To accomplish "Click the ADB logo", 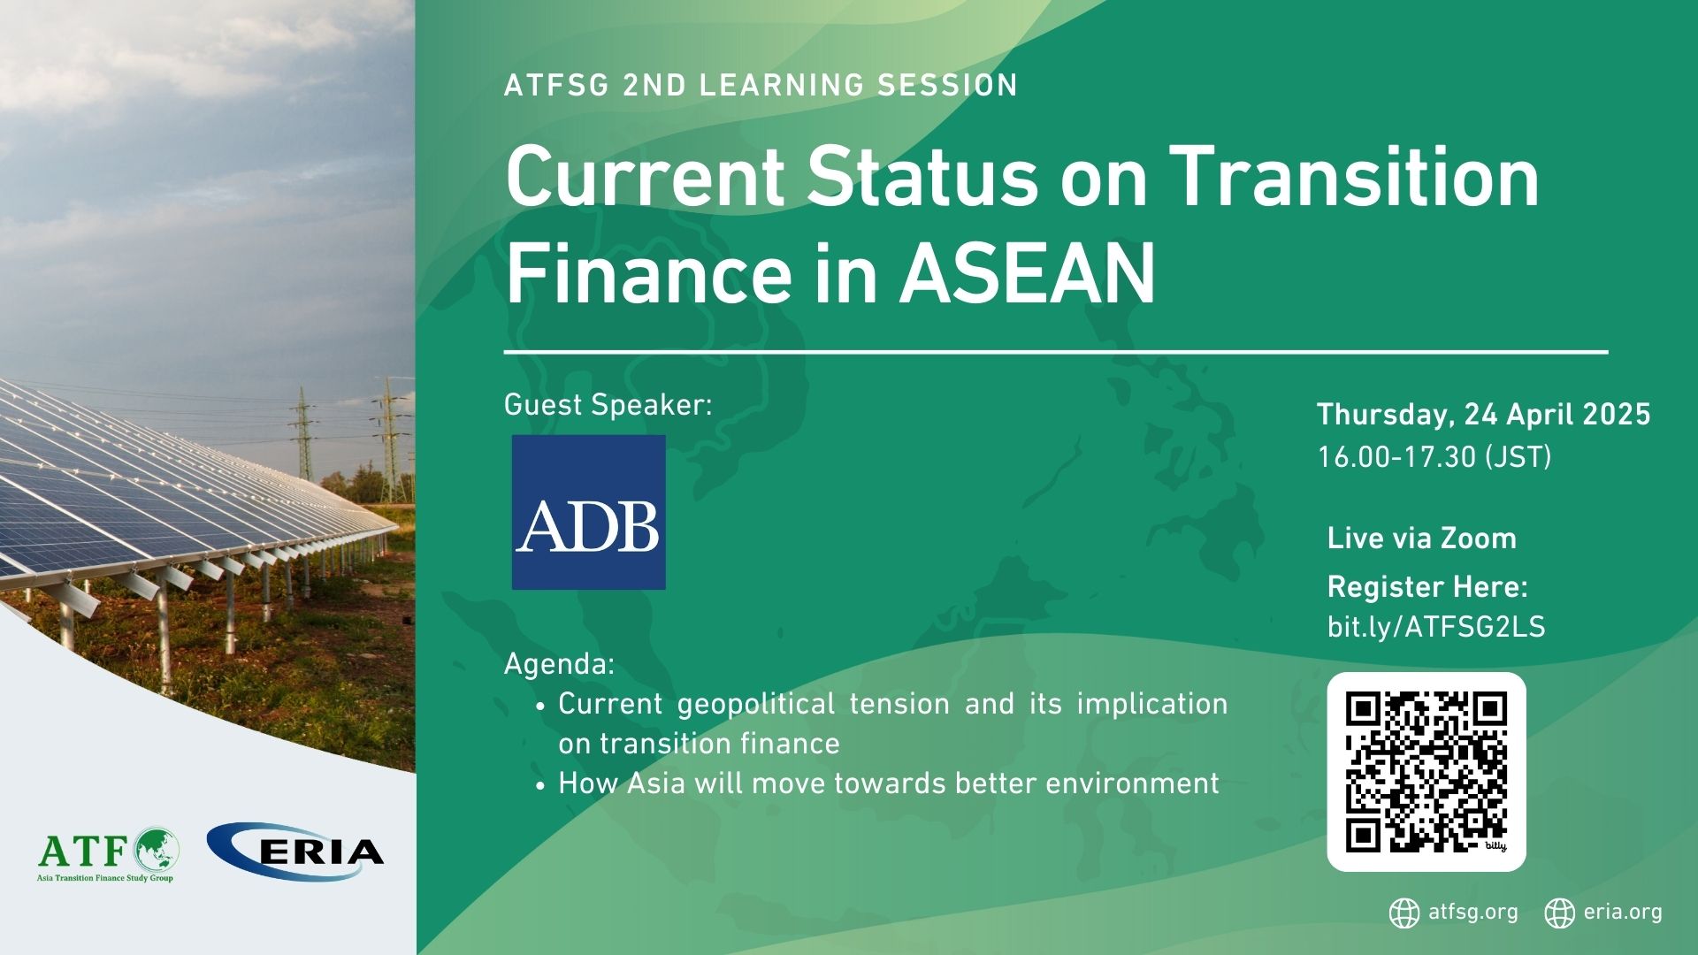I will tap(588, 512).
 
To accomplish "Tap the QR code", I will tap(1426, 771).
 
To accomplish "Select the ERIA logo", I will tap(295, 851).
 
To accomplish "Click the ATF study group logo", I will tap(108, 853).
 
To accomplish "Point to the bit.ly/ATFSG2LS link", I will tap(1435, 627).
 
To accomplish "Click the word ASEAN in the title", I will tap(1027, 273).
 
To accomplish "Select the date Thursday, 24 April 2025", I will tap(1483, 415).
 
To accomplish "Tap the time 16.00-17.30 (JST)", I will tap(1434, 457).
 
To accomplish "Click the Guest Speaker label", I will tap(608, 405).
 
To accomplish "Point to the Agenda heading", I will tap(559, 663).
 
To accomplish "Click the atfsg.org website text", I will tap(1472, 913).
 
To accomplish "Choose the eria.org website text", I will tap(1623, 913).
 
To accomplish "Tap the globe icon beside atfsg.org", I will tap(1404, 913).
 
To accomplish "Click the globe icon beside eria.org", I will tap(1559, 913).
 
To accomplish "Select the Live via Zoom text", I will tap(1421, 539).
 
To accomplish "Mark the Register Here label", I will tap(1427, 587).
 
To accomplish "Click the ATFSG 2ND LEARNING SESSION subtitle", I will tap(761, 86).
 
